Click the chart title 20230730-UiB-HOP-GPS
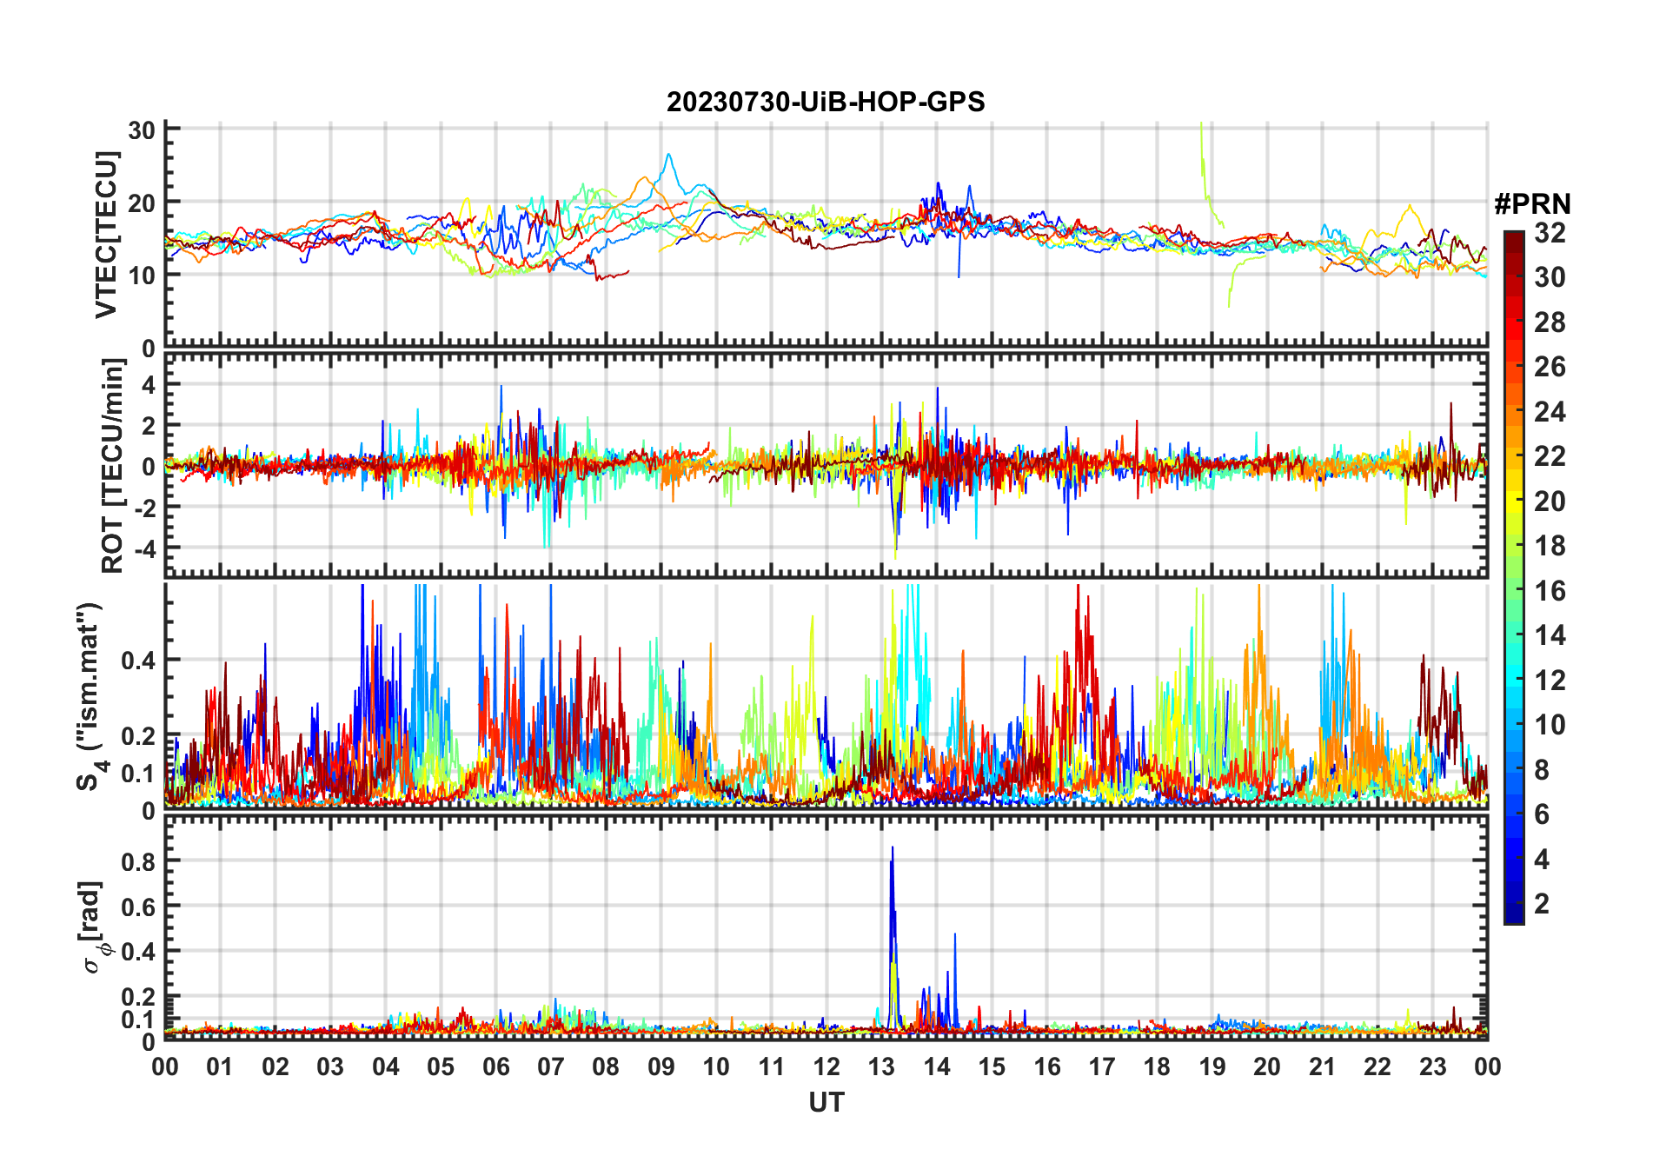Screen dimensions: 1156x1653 tap(826, 103)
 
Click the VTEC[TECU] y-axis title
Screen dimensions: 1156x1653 tap(106, 235)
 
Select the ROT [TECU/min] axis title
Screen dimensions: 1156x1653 tap(112, 466)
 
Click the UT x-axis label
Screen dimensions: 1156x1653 tap(826, 1103)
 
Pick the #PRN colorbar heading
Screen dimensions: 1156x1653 tap(1532, 204)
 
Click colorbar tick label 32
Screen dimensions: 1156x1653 tap(1550, 233)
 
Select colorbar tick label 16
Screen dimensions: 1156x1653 tap(1550, 591)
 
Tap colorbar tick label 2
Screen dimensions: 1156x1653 tap(1542, 904)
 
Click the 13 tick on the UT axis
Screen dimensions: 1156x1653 tap(881, 1067)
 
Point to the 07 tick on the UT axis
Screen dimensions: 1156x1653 tap(551, 1067)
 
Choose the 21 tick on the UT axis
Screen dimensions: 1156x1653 tap(1322, 1067)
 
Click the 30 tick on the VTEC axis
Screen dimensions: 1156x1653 tap(142, 130)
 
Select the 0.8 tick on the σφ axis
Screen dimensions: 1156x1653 tap(138, 861)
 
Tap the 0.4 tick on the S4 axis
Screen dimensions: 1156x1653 tap(138, 661)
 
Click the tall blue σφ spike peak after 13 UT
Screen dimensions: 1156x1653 tap(892, 848)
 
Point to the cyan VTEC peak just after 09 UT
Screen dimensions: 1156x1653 tap(668, 155)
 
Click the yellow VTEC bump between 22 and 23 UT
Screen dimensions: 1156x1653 tap(1408, 207)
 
